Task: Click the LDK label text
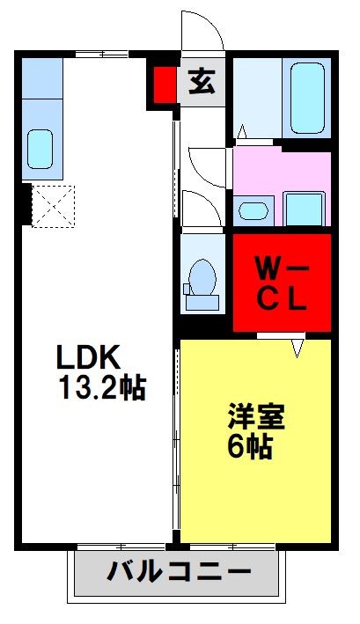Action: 88,358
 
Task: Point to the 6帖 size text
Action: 249,446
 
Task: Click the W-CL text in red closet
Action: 281,282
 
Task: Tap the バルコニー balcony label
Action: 178,574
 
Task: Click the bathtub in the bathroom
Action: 306,96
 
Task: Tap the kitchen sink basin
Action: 40,147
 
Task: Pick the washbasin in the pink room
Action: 253,210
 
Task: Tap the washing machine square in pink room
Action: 305,208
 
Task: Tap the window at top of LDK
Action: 101,55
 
